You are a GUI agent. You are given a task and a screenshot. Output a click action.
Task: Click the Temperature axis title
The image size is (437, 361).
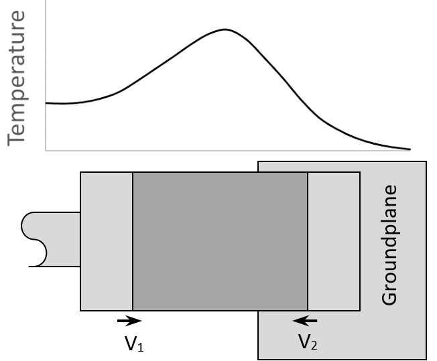click(16, 78)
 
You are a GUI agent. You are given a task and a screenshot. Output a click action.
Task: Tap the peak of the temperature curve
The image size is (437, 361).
click(225, 29)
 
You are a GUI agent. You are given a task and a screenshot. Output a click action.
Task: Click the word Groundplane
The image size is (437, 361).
click(389, 245)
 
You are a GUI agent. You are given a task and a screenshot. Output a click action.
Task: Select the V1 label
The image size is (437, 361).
click(134, 344)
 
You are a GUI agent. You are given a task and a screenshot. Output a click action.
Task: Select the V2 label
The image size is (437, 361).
click(308, 342)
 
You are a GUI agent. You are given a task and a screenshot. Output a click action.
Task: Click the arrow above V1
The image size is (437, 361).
click(129, 321)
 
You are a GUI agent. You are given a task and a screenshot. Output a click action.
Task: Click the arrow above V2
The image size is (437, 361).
click(305, 321)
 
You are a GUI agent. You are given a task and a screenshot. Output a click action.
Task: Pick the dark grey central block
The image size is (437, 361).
click(220, 241)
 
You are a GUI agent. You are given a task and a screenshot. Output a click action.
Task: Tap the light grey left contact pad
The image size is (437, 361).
click(107, 241)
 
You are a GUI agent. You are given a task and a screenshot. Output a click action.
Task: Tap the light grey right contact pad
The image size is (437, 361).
click(334, 241)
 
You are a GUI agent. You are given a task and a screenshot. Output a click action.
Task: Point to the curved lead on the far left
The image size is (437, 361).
click(51, 240)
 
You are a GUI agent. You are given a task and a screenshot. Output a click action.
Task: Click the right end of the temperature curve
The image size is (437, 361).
click(410, 149)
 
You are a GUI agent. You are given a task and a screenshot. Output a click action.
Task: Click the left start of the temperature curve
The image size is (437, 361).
click(46, 103)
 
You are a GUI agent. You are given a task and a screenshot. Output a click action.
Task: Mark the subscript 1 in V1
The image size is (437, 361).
click(141, 348)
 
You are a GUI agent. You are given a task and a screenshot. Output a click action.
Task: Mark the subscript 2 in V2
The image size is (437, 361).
click(314, 346)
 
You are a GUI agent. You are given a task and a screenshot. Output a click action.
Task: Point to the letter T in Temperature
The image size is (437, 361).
click(16, 137)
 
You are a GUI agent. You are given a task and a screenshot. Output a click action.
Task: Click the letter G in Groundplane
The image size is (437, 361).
click(389, 298)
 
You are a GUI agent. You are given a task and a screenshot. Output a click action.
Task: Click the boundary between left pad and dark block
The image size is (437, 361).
click(133, 241)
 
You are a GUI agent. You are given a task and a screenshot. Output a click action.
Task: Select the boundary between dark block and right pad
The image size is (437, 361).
click(308, 241)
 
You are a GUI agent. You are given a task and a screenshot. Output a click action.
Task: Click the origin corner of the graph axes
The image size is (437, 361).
click(46, 151)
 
